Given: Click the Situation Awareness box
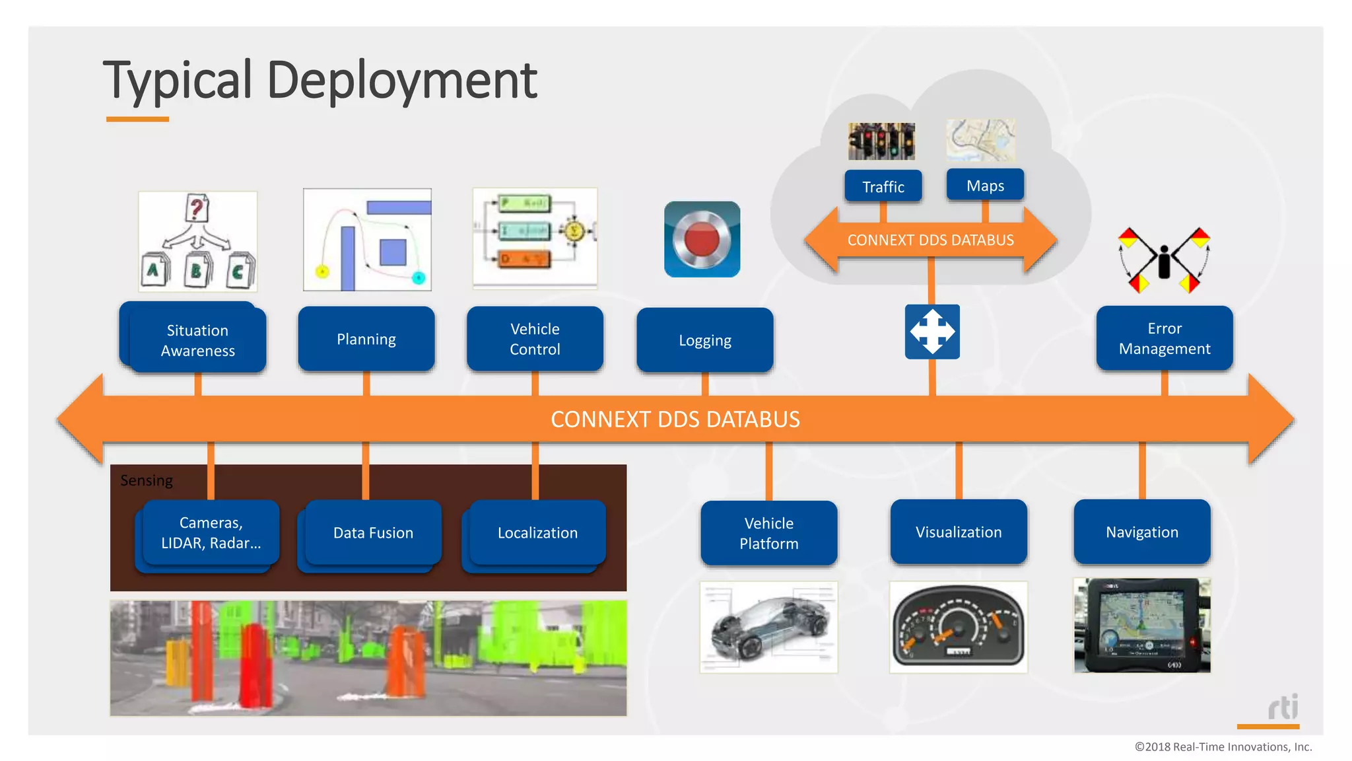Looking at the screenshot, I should click(x=197, y=340).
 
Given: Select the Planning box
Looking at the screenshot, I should click(x=366, y=339).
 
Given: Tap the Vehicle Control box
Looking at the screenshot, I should click(x=535, y=339).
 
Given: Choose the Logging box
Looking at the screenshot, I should click(x=704, y=340).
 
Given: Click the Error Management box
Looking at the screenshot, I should click(x=1165, y=338).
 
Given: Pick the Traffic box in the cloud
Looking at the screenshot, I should click(x=883, y=187).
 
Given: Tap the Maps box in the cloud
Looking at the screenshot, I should click(x=985, y=186).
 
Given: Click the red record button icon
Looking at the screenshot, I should click(x=702, y=239).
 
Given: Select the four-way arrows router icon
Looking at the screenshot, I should click(x=932, y=332).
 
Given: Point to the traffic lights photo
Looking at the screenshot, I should click(x=881, y=141).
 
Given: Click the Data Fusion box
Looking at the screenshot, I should click(x=373, y=532).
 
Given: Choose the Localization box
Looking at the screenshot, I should click(x=537, y=532).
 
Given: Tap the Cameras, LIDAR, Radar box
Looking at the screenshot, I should click(x=211, y=532).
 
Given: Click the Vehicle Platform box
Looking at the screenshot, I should click(x=769, y=533).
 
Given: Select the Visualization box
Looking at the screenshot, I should click(x=959, y=532).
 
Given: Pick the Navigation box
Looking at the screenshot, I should click(x=1142, y=532).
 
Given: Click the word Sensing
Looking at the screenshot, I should click(x=147, y=480).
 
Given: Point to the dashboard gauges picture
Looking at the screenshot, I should click(x=959, y=628).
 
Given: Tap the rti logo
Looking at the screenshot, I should click(x=1283, y=707).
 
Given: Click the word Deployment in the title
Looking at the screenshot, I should click(x=401, y=81).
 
